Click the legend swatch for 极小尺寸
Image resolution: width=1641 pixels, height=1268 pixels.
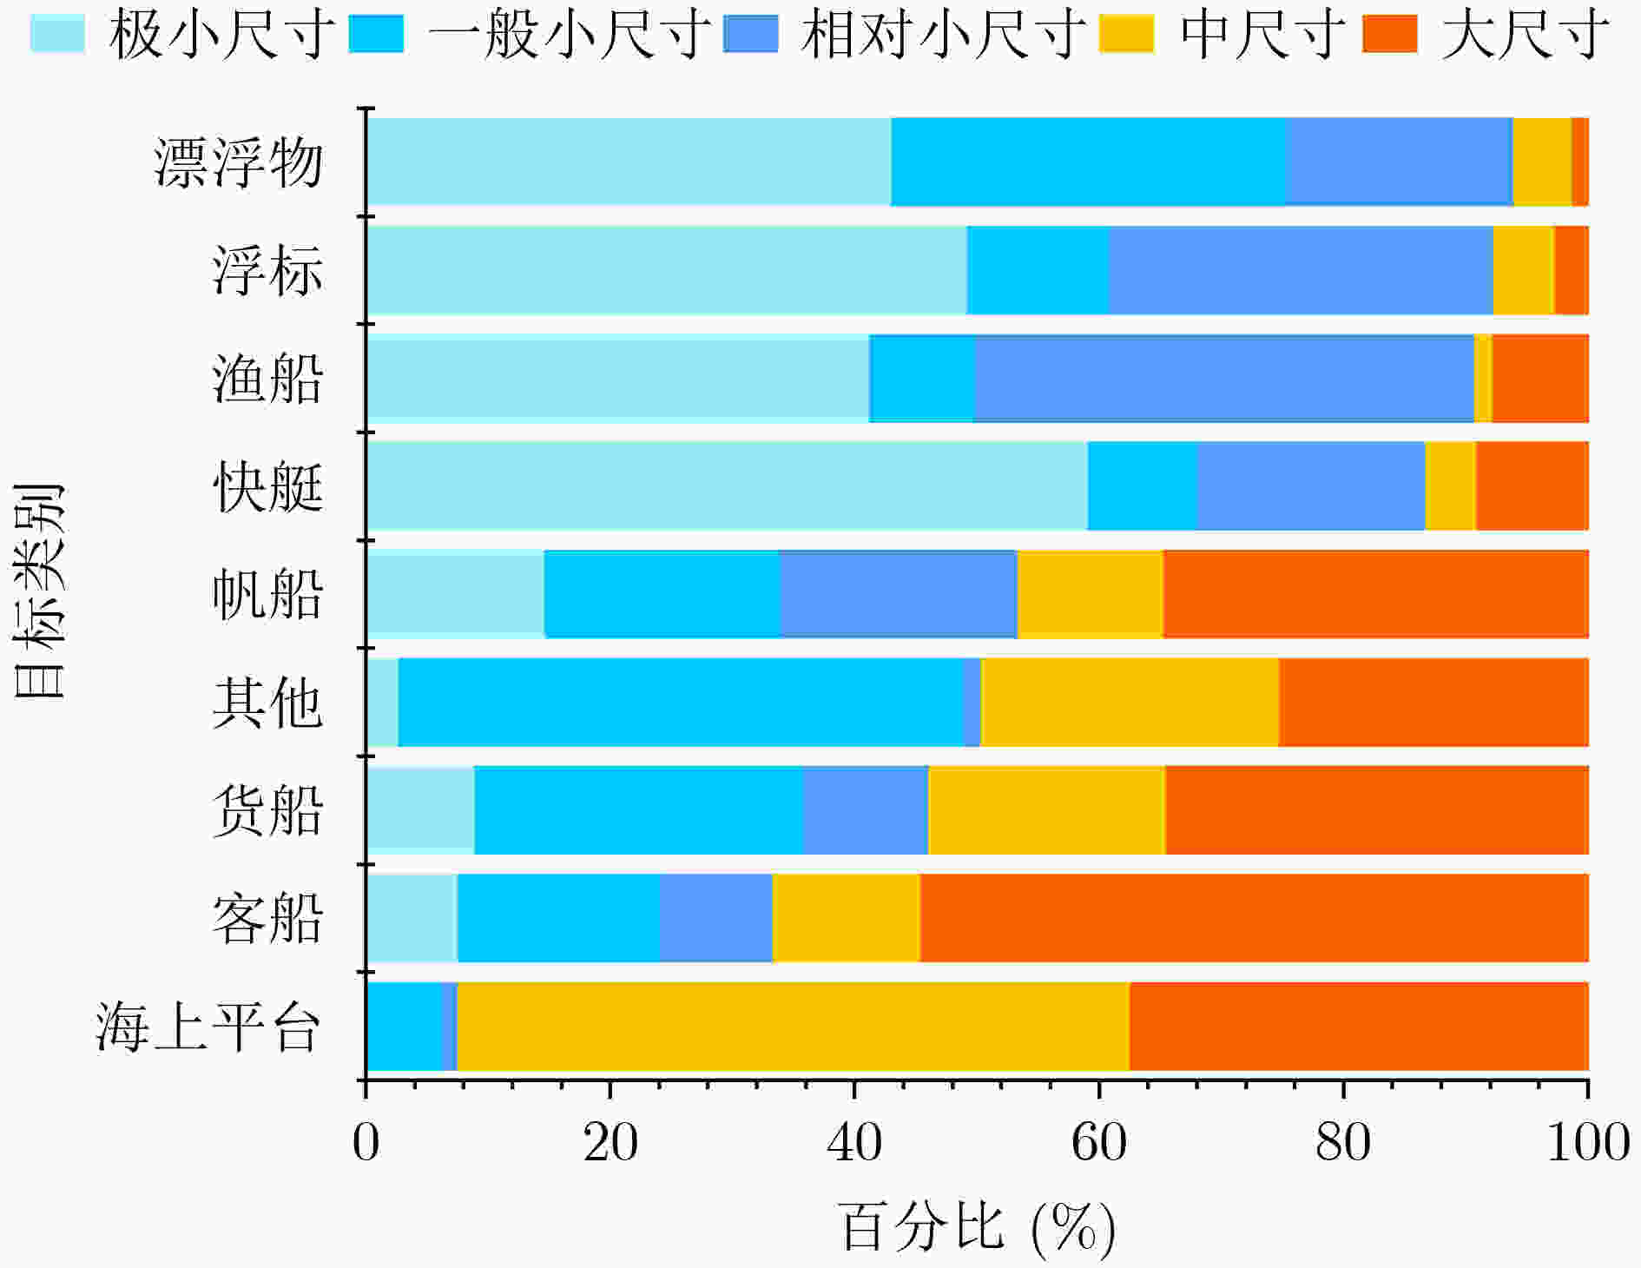pyautogui.click(x=57, y=34)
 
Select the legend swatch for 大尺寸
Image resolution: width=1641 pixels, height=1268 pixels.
pyautogui.click(x=1389, y=34)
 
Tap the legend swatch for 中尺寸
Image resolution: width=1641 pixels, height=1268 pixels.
pyautogui.click(x=1126, y=34)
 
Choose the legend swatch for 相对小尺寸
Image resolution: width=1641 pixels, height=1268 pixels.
pyautogui.click(x=750, y=34)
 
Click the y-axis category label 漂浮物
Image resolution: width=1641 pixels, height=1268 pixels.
pyautogui.click(x=239, y=162)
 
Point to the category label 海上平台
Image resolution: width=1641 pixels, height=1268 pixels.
pyautogui.click(x=208, y=1027)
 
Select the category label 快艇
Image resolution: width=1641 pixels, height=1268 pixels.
pyautogui.click(x=267, y=486)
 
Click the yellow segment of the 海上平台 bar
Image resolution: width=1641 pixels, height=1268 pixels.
pyautogui.click(x=793, y=1027)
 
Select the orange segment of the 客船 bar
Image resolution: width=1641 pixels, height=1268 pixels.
pyautogui.click(x=1254, y=918)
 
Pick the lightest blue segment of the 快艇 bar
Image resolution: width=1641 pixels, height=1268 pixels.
pyautogui.click(x=728, y=486)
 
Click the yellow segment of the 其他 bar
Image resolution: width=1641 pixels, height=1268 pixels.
pyautogui.click(x=1130, y=703)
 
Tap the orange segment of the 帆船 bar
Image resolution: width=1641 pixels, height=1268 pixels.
pyautogui.click(x=1375, y=594)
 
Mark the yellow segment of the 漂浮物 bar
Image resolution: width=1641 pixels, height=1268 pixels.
pyautogui.click(x=1542, y=162)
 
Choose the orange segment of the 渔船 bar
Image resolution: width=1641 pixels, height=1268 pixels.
pyautogui.click(x=1540, y=379)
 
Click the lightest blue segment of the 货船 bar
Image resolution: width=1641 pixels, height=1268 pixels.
pyautogui.click(x=421, y=810)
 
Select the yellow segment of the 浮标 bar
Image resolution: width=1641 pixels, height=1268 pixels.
pyautogui.click(x=1523, y=270)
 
